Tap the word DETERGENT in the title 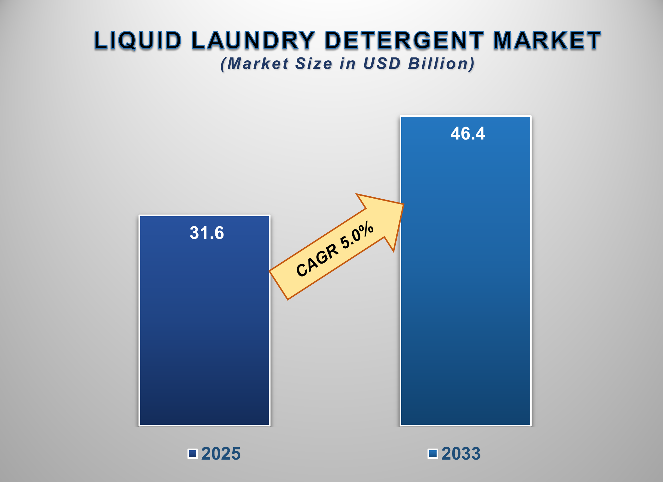click(404, 41)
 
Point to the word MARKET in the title click(547, 41)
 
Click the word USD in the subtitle click(382, 64)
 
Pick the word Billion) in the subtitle click(441, 64)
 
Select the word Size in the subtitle click(313, 64)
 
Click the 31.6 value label click(207, 233)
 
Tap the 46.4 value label click(467, 133)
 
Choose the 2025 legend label click(221, 453)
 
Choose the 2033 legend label click(461, 453)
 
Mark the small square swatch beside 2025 click(193, 454)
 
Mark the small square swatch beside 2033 click(433, 454)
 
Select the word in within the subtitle click(348, 64)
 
